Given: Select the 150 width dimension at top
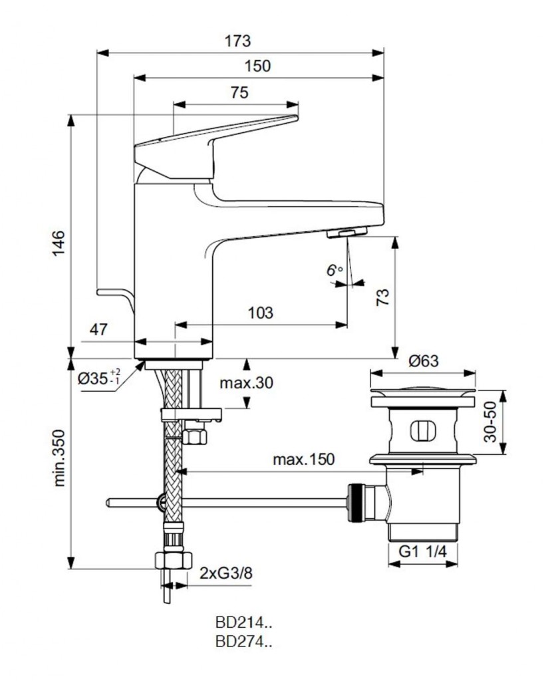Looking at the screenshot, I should coord(257,66).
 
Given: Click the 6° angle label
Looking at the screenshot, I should coord(334,270).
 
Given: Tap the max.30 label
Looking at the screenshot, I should coord(247,383).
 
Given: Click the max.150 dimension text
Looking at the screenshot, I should coord(303,460).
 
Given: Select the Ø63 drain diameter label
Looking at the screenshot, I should coord(424,361).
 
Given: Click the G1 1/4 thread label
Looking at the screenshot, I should coord(422,551).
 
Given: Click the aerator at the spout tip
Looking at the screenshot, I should coord(347,233).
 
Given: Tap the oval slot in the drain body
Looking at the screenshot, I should coord(422,430).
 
